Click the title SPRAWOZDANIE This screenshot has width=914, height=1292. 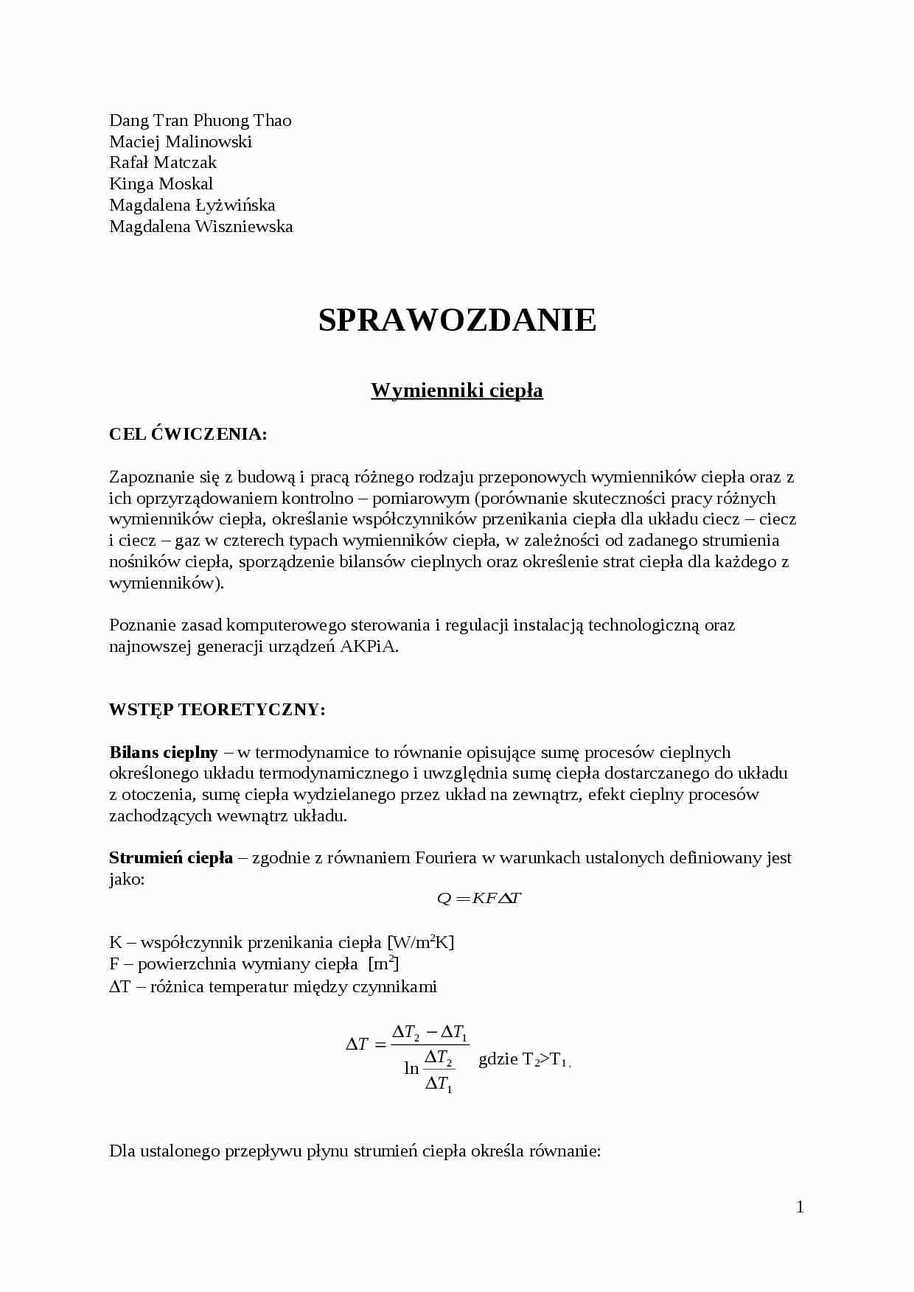[457, 320]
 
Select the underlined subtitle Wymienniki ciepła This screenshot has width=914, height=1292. [457, 390]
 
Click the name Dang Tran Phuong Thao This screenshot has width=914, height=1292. [200, 120]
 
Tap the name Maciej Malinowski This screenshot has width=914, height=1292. [181, 141]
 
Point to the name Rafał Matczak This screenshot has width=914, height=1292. [163, 162]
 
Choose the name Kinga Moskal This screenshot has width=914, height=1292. [161, 183]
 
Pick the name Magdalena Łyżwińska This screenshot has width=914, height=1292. [192, 205]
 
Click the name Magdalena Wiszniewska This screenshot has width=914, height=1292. [200, 226]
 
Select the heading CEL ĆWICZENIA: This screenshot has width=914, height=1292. [188, 434]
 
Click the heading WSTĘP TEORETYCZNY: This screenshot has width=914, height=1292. [217, 709]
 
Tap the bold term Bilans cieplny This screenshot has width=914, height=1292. [164, 752]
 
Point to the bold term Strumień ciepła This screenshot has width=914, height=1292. [171, 857]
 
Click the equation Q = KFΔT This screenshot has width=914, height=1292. [479, 898]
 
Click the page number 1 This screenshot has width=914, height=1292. [800, 1207]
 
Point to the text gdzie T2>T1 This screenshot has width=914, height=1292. [523, 1060]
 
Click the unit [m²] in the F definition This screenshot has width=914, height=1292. [383, 963]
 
